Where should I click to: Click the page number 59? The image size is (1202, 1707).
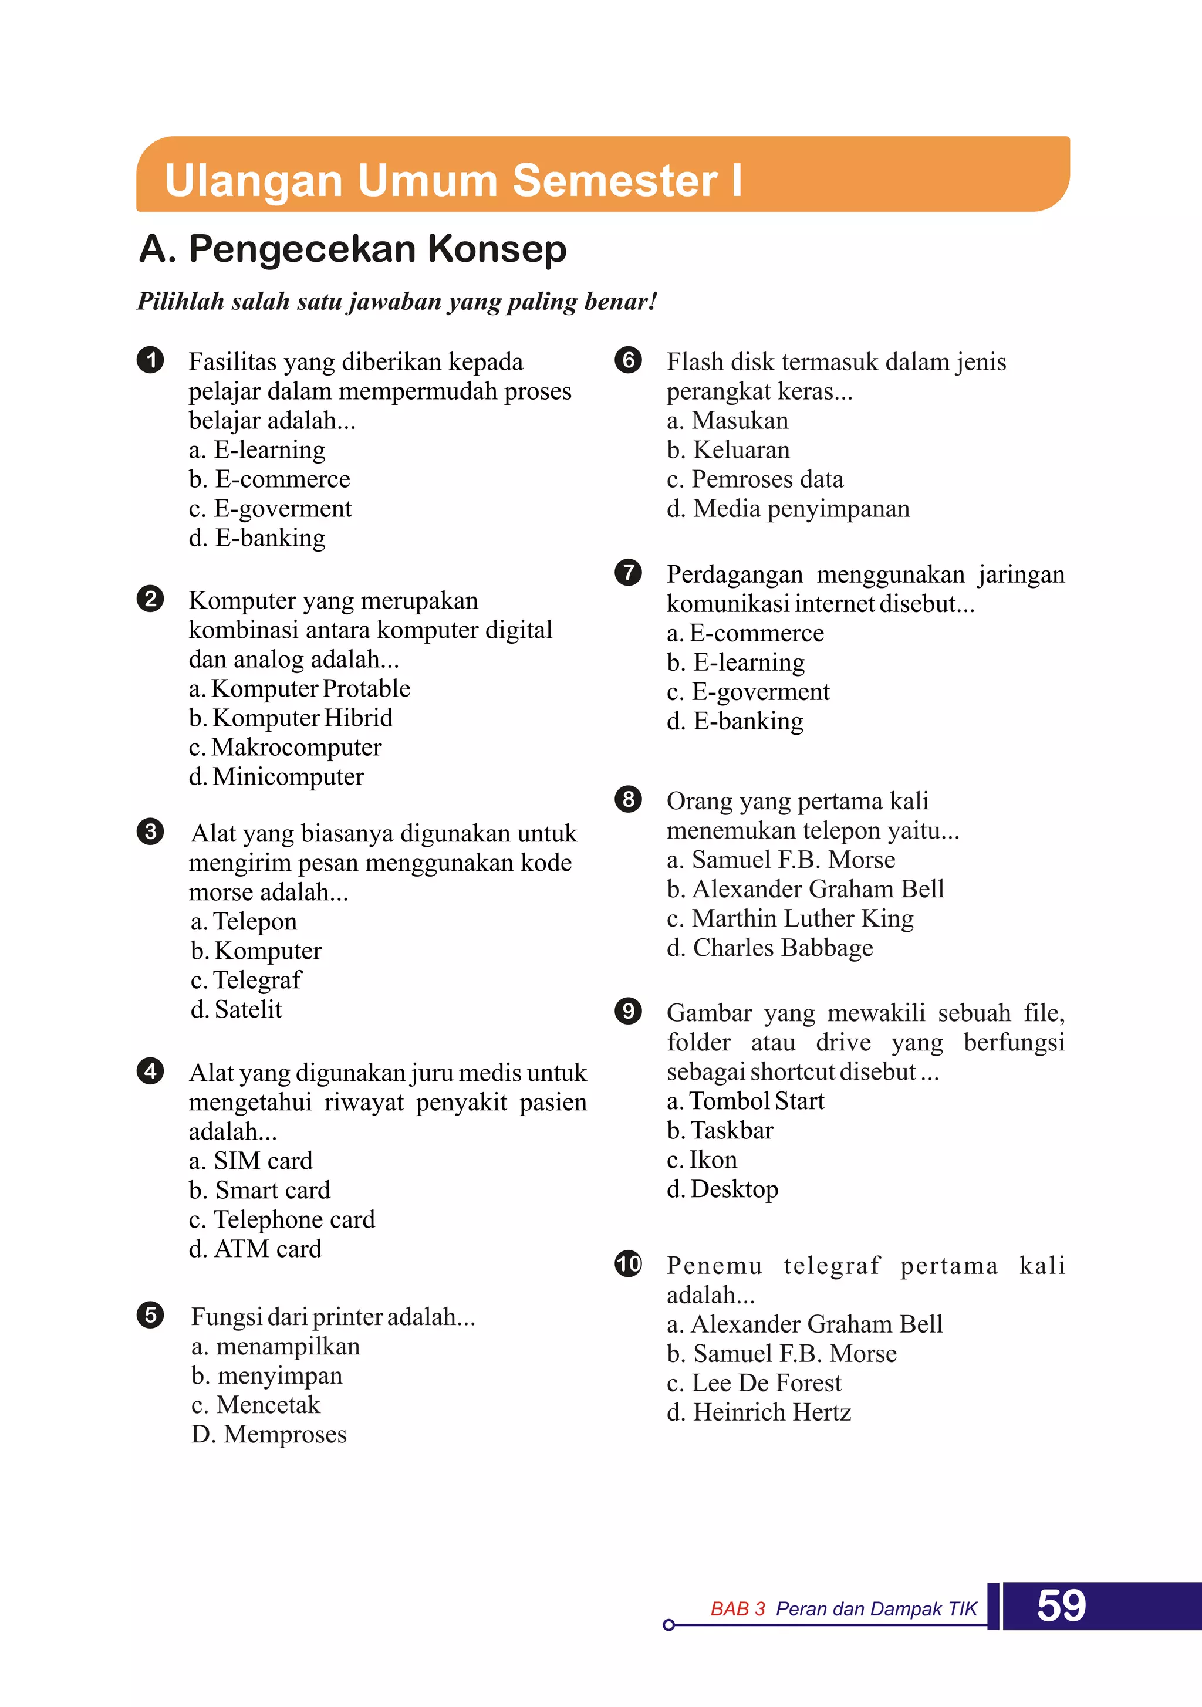[x=1061, y=1606]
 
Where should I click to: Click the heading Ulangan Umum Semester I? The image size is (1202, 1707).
[x=453, y=181]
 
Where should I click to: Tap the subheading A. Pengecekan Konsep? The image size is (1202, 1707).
[x=353, y=249]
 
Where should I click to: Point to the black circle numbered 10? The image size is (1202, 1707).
[x=628, y=1264]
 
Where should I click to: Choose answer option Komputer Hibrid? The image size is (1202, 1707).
[x=291, y=718]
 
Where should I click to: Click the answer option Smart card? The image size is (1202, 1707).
[x=259, y=1190]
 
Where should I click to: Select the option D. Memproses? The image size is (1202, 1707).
[x=269, y=1434]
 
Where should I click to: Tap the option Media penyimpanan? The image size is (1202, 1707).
[x=788, y=509]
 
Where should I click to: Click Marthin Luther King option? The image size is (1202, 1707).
[x=790, y=919]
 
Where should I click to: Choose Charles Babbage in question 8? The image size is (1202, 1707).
[x=770, y=948]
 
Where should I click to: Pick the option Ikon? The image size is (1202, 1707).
[x=702, y=1160]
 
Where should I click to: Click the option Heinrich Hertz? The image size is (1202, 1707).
[x=759, y=1412]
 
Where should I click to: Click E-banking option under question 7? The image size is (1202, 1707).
[x=735, y=721]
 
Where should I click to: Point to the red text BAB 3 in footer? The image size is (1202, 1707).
[x=737, y=1610]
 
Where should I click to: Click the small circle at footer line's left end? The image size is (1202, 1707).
[x=668, y=1625]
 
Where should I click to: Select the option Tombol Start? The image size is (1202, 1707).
[x=745, y=1101]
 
